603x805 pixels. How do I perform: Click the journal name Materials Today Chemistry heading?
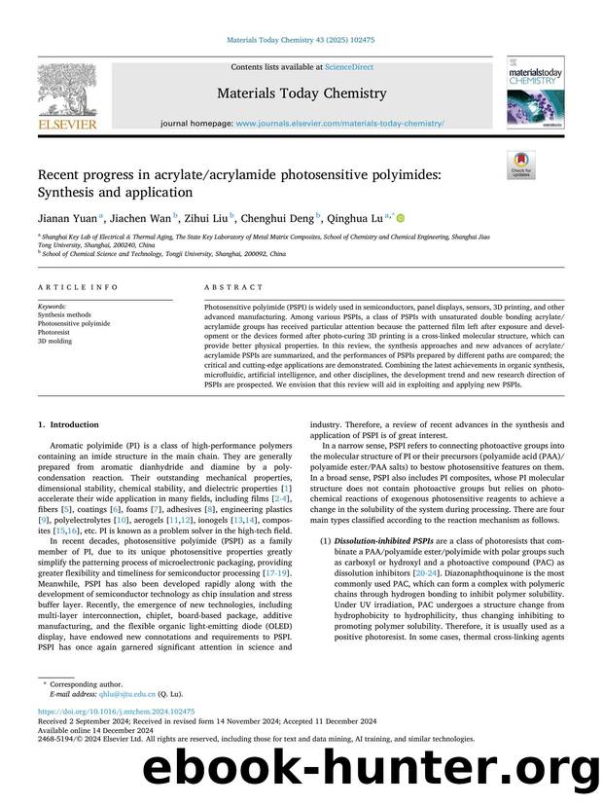point(301,94)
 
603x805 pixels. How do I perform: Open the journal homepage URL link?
point(340,125)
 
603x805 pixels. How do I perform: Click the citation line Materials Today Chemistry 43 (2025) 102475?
point(301,39)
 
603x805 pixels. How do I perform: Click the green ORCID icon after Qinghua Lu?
point(399,219)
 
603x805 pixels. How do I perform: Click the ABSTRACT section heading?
point(233,288)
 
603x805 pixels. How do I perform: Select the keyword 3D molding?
point(55,342)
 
